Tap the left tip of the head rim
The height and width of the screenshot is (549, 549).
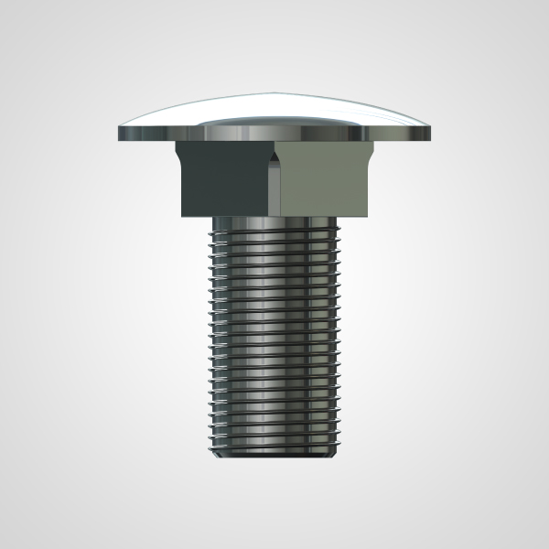[119, 135]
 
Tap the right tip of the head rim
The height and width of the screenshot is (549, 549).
[430, 135]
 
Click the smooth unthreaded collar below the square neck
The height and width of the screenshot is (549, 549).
[274, 223]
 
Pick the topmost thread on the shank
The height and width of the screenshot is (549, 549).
[274, 236]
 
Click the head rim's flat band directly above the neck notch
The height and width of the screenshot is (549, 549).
[274, 135]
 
